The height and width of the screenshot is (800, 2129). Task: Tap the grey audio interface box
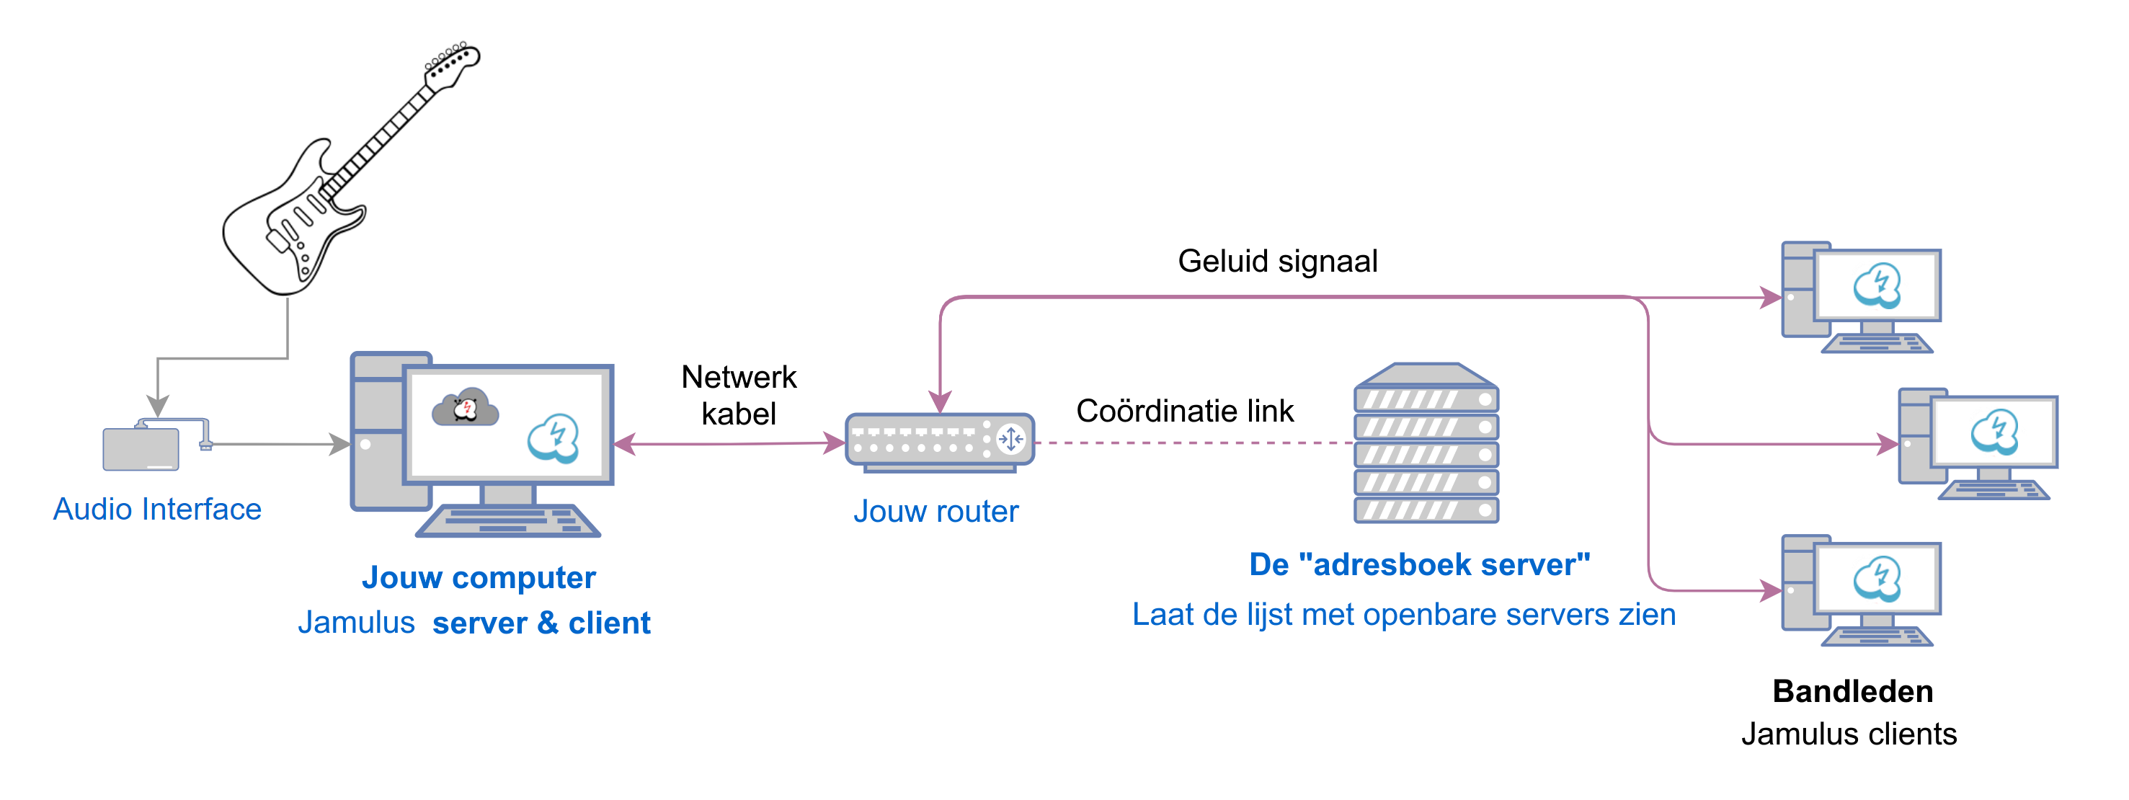point(141,449)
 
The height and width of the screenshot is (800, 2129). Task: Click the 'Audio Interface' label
point(157,509)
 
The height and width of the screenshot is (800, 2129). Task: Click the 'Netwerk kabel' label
point(738,395)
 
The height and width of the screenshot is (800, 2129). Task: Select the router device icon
point(940,441)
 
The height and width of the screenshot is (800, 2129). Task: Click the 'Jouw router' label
point(935,512)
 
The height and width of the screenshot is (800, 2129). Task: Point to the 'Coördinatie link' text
point(1184,411)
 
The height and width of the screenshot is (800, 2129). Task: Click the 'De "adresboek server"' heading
point(1419,564)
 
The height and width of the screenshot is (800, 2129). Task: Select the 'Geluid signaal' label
point(1277,261)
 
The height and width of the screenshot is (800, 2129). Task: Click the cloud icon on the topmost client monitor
point(1877,287)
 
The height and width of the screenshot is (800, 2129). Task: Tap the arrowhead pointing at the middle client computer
point(1888,445)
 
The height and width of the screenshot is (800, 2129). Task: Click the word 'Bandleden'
point(1852,691)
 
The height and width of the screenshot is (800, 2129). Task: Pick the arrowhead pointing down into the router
point(940,402)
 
